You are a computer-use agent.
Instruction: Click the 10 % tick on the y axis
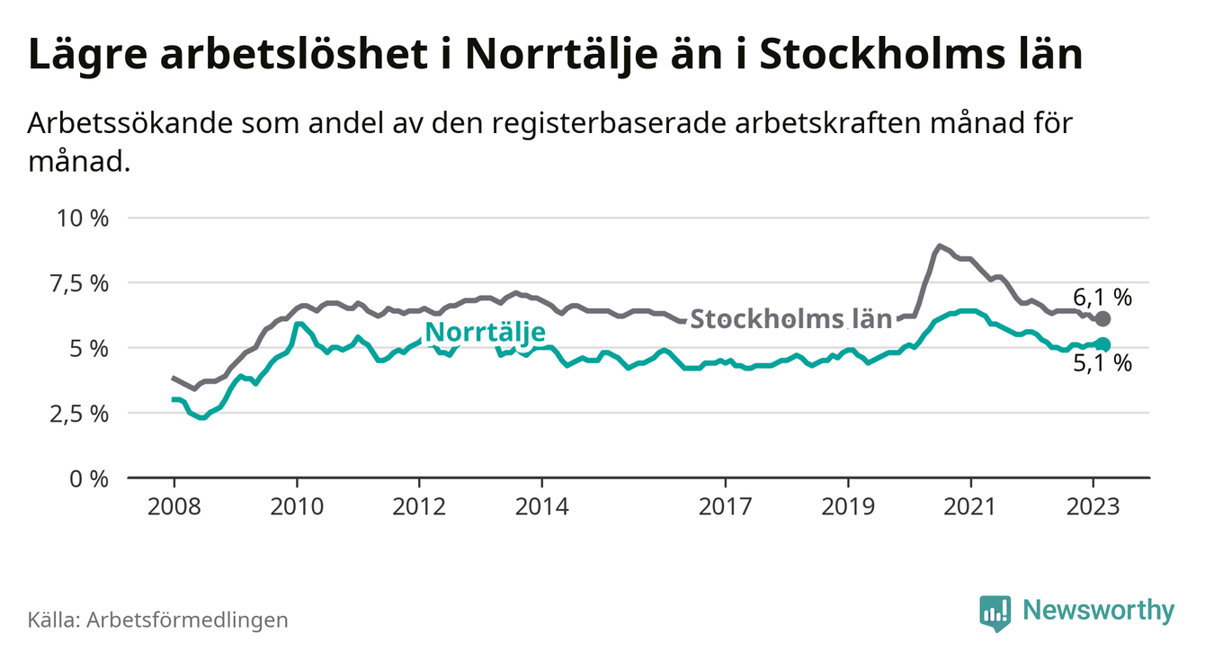(83, 219)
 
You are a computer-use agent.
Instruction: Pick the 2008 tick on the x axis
(174, 506)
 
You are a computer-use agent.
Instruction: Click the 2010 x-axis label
(297, 506)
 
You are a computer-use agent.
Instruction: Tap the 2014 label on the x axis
(541, 506)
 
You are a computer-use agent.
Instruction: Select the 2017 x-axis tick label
(726, 506)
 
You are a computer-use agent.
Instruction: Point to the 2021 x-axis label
(970, 506)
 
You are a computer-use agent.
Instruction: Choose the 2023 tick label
(1093, 506)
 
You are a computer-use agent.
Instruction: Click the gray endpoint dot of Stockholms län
(1103, 319)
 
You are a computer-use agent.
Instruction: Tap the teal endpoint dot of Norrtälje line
(1103, 344)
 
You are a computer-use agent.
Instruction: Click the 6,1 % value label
(1102, 297)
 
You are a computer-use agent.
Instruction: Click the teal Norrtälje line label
(485, 333)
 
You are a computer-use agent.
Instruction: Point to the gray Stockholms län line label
(790, 318)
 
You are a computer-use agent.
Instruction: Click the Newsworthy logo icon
(995, 613)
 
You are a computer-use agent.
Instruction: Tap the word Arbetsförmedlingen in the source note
(188, 620)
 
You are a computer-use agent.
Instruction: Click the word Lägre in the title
(86, 56)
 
